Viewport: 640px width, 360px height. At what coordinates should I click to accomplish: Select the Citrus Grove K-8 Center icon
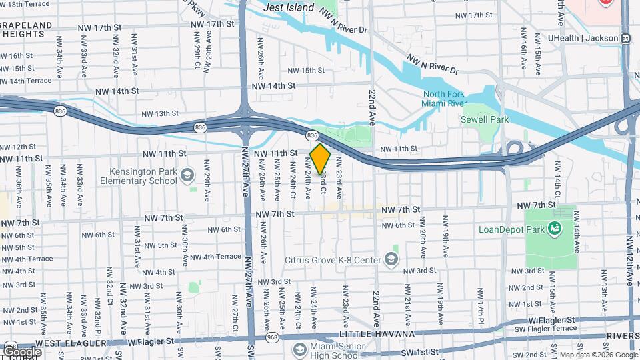(x=392, y=259)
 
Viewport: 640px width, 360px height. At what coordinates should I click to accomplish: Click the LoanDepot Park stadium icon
(x=554, y=229)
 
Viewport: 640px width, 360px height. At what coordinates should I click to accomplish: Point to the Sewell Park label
(x=485, y=119)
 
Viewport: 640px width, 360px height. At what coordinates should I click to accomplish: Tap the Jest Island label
(x=289, y=7)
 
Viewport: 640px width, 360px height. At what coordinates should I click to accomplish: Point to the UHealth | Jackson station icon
(x=626, y=38)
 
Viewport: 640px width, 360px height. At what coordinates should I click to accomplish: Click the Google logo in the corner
(x=21, y=351)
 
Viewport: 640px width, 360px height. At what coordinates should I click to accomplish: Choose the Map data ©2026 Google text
(x=598, y=355)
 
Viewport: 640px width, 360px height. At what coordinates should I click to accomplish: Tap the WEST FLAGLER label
(x=67, y=343)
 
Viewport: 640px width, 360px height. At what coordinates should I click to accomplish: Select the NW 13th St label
(x=154, y=114)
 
